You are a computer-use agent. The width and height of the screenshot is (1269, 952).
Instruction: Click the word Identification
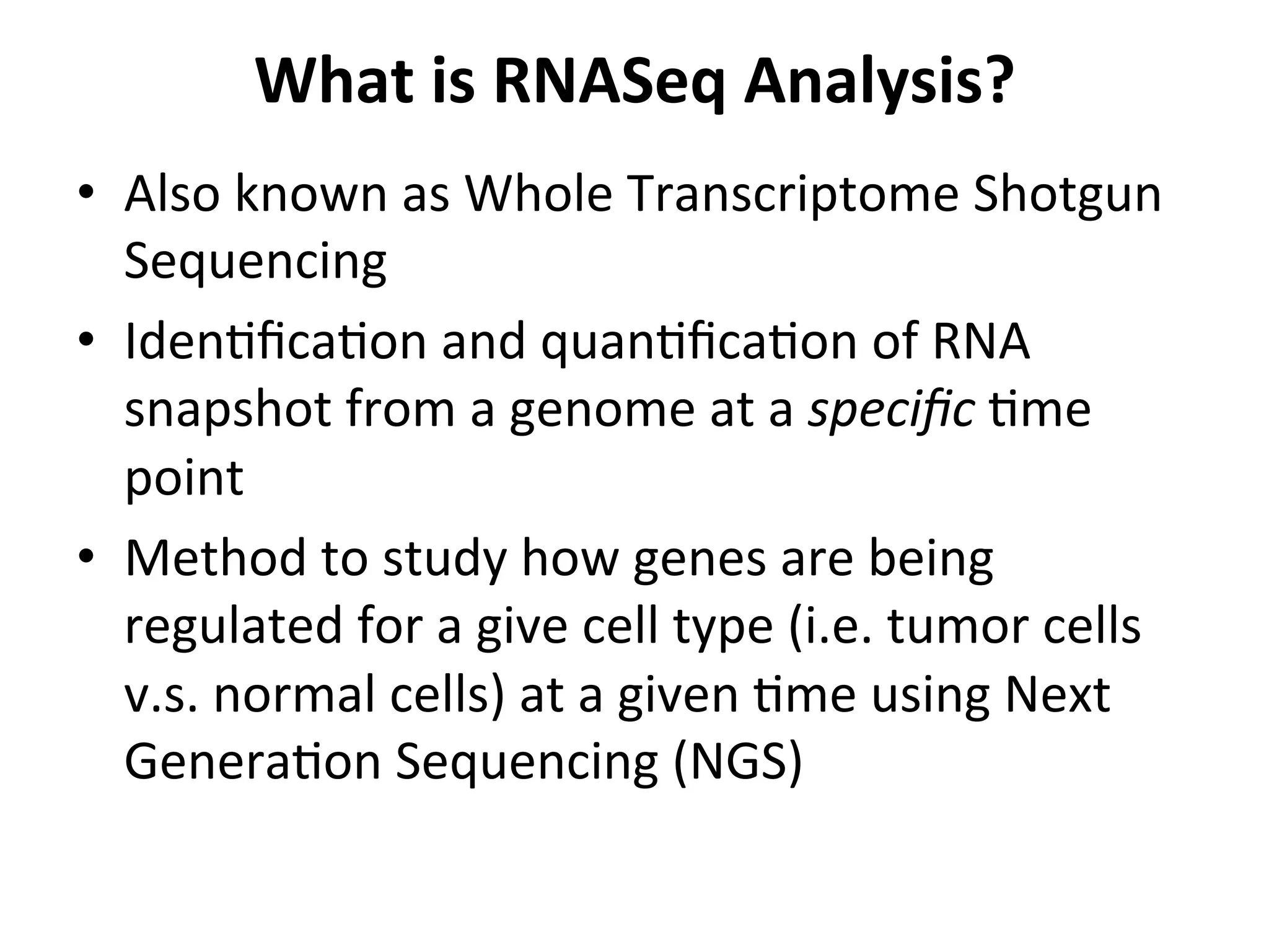pyautogui.click(x=275, y=342)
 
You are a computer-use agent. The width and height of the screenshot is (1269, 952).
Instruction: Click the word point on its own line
pyautogui.click(x=184, y=480)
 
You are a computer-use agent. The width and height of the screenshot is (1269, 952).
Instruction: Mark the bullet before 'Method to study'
pyautogui.click(x=86, y=555)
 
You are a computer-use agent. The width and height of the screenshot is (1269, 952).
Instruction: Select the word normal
pyautogui.click(x=294, y=694)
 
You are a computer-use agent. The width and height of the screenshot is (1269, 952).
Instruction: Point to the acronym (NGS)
pyautogui.click(x=737, y=762)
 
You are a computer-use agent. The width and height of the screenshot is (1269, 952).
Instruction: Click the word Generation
pyautogui.click(x=252, y=762)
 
